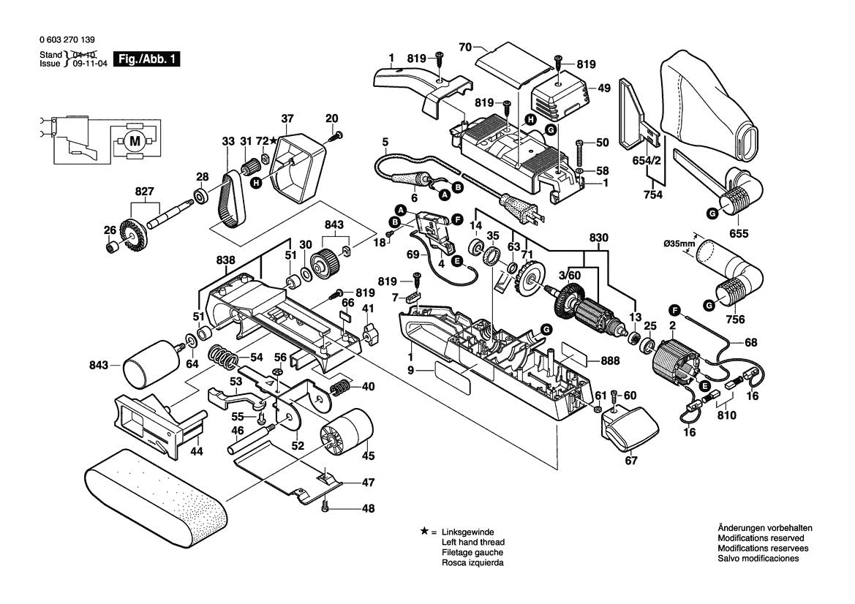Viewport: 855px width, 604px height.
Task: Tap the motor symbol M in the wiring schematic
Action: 134,140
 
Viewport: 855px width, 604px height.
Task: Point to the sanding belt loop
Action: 154,497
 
